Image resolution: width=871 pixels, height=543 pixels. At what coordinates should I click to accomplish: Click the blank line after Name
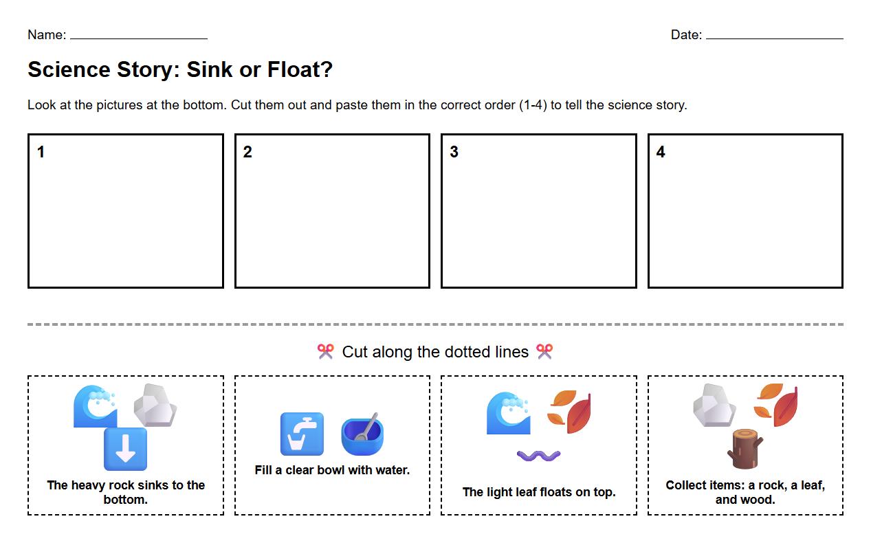pyautogui.click(x=138, y=37)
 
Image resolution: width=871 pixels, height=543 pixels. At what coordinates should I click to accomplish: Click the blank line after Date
pyautogui.click(x=774, y=37)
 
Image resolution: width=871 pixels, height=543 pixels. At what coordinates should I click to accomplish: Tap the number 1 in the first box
pyautogui.click(x=41, y=152)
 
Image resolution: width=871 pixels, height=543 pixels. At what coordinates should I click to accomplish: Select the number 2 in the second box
pyautogui.click(x=247, y=152)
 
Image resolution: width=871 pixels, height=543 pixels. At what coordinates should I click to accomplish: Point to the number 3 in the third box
pyautogui.click(x=454, y=152)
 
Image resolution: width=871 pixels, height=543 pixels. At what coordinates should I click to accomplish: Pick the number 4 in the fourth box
pyautogui.click(x=661, y=152)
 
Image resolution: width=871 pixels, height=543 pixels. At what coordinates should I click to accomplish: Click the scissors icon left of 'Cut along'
pyautogui.click(x=325, y=352)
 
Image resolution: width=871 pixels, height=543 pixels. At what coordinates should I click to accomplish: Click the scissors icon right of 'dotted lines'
pyautogui.click(x=544, y=352)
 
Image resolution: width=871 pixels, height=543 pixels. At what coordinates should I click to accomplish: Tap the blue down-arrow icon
pyautogui.click(x=125, y=449)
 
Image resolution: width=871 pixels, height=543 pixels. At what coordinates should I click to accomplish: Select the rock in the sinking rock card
pyautogui.click(x=155, y=406)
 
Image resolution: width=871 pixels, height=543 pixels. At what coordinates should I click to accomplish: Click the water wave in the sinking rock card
pyautogui.click(x=96, y=406)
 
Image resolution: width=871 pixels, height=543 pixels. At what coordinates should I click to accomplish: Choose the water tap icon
pyautogui.click(x=302, y=434)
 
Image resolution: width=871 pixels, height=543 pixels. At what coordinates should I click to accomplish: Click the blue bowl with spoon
pyautogui.click(x=362, y=434)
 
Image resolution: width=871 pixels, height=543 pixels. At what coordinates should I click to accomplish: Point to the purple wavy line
pyautogui.click(x=538, y=456)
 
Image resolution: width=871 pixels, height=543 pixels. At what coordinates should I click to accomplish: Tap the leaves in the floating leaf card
pyautogui.click(x=570, y=411)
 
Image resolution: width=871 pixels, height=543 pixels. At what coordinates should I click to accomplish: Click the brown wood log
pyautogui.click(x=745, y=448)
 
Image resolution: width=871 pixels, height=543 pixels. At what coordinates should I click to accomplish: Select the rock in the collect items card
pyautogui.click(x=714, y=406)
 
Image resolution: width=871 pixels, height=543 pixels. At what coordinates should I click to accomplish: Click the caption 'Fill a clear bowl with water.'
pyautogui.click(x=332, y=470)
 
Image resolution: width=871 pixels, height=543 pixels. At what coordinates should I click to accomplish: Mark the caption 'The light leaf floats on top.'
pyautogui.click(x=538, y=492)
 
